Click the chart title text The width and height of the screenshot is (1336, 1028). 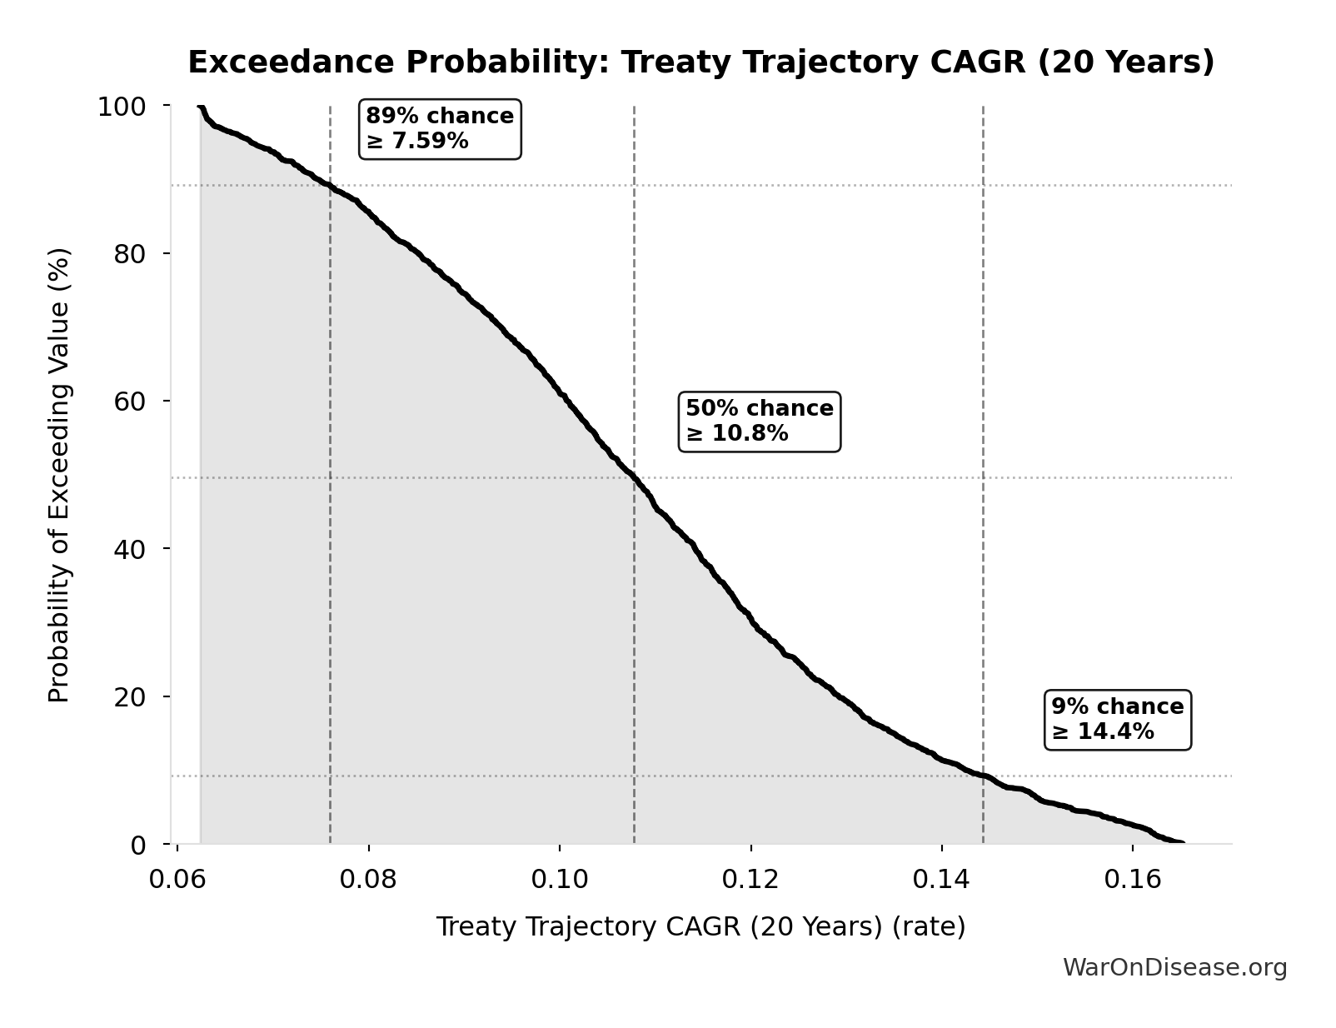tap(700, 62)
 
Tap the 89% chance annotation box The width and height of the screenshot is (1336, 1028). tap(440, 128)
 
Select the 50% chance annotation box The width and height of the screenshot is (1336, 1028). tap(759, 421)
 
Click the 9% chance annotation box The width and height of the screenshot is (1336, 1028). tap(1117, 719)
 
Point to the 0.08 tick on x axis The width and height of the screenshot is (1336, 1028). tap(368, 879)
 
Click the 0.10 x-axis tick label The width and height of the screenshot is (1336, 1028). tap(560, 879)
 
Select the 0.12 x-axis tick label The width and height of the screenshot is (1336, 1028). tap(750, 879)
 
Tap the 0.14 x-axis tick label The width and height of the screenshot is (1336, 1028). tap(941, 879)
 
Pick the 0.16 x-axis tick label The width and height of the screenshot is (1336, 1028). tap(1132, 879)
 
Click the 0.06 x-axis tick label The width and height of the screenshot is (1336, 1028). tap(177, 879)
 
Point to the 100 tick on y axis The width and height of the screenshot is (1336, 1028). tap(122, 107)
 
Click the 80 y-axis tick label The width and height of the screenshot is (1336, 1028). tap(130, 253)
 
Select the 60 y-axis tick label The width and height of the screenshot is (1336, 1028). tap(130, 401)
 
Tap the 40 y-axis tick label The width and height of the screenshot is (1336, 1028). tap(130, 548)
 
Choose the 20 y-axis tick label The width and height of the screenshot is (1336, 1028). tap(130, 696)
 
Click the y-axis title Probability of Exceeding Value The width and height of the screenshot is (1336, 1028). tap(58, 475)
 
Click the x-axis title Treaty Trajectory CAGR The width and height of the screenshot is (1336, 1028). tap(700, 926)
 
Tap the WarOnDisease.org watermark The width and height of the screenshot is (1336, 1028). tap(1174, 967)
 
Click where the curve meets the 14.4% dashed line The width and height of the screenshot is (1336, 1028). tap(983, 776)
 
